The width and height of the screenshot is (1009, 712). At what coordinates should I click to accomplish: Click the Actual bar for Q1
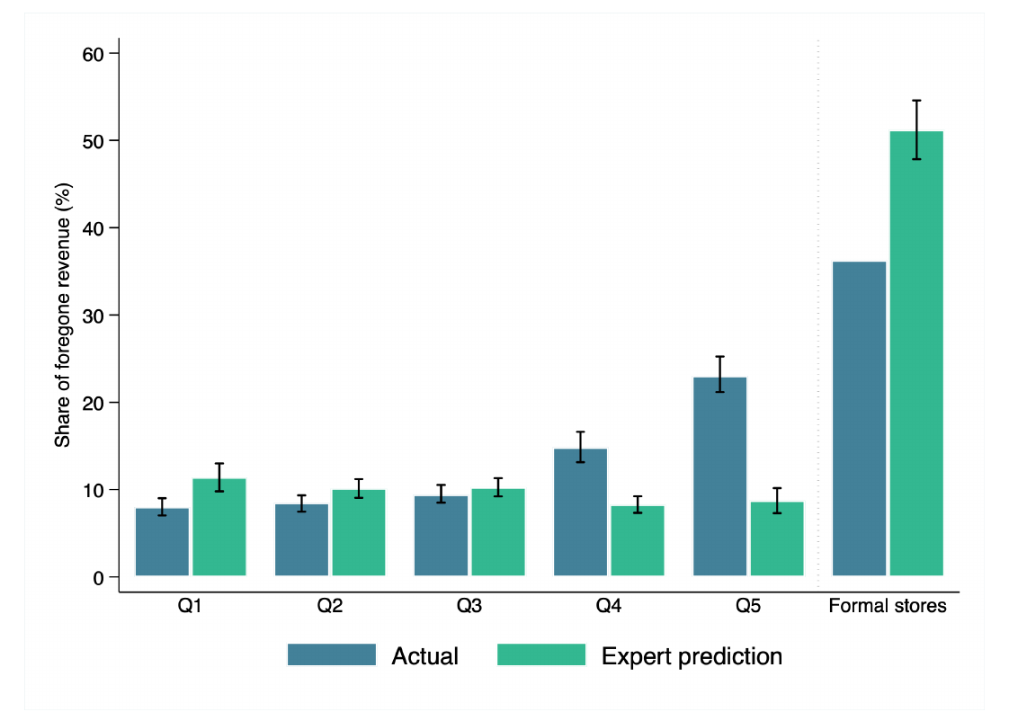coord(162,541)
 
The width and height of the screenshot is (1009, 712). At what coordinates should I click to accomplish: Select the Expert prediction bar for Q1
coord(219,527)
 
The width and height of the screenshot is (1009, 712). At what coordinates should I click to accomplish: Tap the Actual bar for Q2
coord(302,539)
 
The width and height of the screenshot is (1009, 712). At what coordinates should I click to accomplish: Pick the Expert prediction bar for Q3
coord(498,532)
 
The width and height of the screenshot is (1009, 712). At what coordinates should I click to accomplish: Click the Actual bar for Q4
coord(580,512)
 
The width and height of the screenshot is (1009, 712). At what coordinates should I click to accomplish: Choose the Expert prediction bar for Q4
coord(638,541)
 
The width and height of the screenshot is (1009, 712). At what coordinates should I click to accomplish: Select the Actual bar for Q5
coord(720,476)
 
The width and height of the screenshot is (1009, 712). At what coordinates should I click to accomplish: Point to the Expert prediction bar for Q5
coord(777,539)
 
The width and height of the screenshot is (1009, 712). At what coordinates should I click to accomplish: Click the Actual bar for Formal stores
coord(859,419)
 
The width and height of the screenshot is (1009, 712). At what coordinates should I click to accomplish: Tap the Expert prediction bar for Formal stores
coord(916,353)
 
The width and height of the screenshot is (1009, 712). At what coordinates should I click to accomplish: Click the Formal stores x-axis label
coord(888,606)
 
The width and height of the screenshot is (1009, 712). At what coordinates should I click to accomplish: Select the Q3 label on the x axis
coord(469,606)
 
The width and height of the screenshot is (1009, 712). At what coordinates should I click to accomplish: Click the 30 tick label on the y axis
coord(94,316)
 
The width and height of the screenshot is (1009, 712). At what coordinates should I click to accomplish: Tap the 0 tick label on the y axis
coord(98,578)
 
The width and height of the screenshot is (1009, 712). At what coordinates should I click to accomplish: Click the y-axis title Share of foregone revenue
coord(62,316)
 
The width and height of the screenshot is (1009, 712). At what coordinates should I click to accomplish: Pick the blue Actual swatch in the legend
coord(332,654)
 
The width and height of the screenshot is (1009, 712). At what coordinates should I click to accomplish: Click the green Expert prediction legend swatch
coord(541,654)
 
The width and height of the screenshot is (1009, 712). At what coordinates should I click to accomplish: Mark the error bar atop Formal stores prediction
coord(916,129)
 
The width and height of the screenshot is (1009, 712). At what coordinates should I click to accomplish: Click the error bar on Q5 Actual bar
coord(720,374)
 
